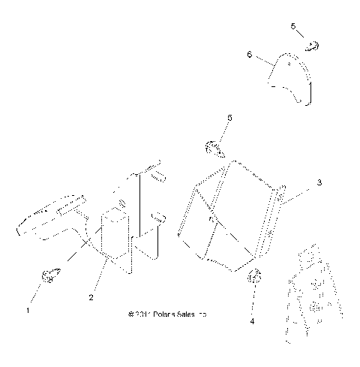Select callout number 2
pyautogui.click(x=91, y=298)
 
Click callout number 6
pyautogui.click(x=249, y=54)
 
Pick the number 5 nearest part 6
pyautogui.click(x=293, y=26)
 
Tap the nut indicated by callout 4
pyautogui.click(x=254, y=276)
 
